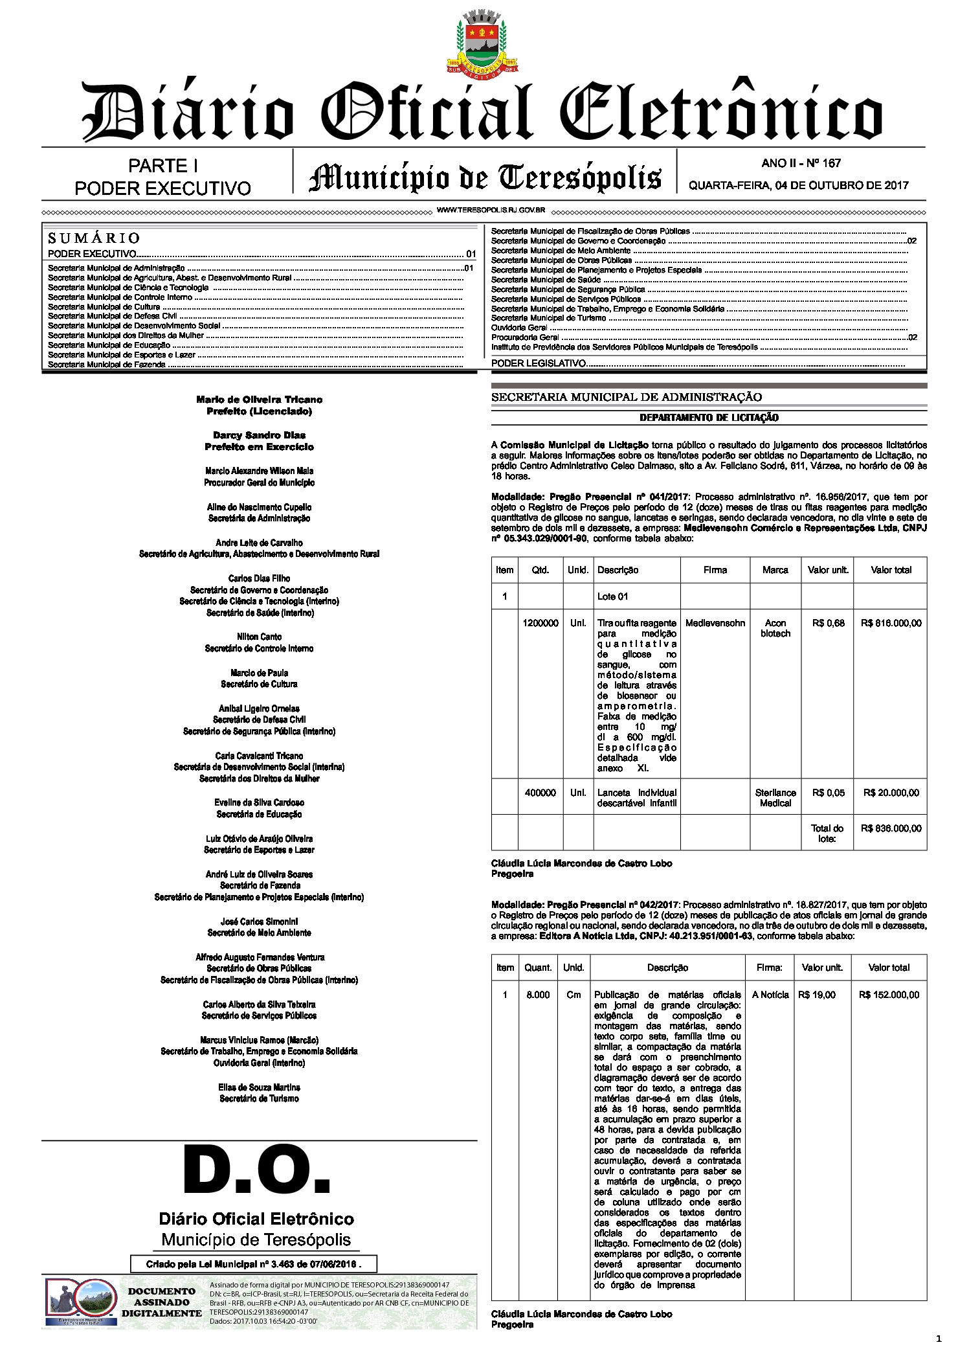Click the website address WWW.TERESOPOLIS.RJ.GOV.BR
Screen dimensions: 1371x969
(491, 210)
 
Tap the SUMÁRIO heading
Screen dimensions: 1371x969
(93, 238)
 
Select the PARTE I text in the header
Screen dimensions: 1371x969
(163, 166)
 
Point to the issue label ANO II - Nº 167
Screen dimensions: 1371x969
(801, 163)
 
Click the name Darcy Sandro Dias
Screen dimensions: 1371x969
(259, 435)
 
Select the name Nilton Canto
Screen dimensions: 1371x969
(259, 637)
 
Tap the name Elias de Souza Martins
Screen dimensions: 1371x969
(259, 1087)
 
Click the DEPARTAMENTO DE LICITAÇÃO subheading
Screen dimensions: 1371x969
(709, 418)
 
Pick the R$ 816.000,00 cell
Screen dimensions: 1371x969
(891, 623)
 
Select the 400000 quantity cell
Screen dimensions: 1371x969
(540, 793)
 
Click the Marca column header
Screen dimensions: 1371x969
(775, 570)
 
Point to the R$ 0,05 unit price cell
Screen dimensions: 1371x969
(828, 793)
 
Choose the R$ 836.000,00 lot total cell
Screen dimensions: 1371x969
(891, 828)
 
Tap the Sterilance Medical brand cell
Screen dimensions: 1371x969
(775, 798)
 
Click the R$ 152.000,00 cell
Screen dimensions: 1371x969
(889, 995)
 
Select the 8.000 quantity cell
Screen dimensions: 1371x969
(538, 995)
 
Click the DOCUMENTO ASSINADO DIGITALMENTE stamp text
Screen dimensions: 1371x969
(161, 1302)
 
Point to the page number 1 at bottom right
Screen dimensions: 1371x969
(938, 1338)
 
